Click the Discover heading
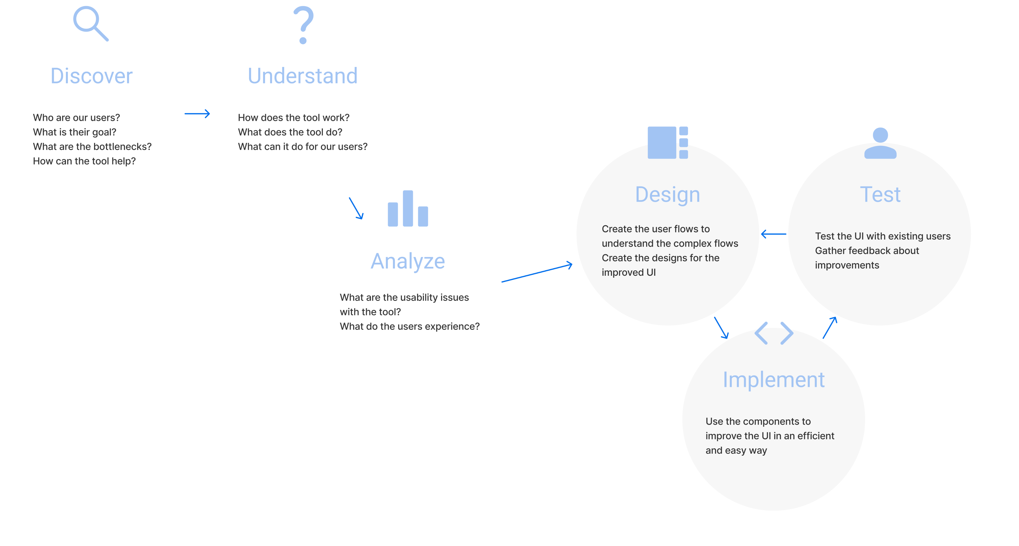[91, 76]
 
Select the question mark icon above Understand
[304, 25]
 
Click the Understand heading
[303, 76]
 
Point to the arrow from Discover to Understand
[197, 114]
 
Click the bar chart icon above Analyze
[408, 209]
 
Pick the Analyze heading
[408, 261]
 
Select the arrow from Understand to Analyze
[356, 208]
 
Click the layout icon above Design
[668, 142]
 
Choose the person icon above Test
[880, 143]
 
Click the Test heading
[880, 194]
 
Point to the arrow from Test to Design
[774, 234]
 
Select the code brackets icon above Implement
[774, 333]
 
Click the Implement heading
[774, 380]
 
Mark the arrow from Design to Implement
[721, 328]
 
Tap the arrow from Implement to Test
[829, 328]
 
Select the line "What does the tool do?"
[290, 132]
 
